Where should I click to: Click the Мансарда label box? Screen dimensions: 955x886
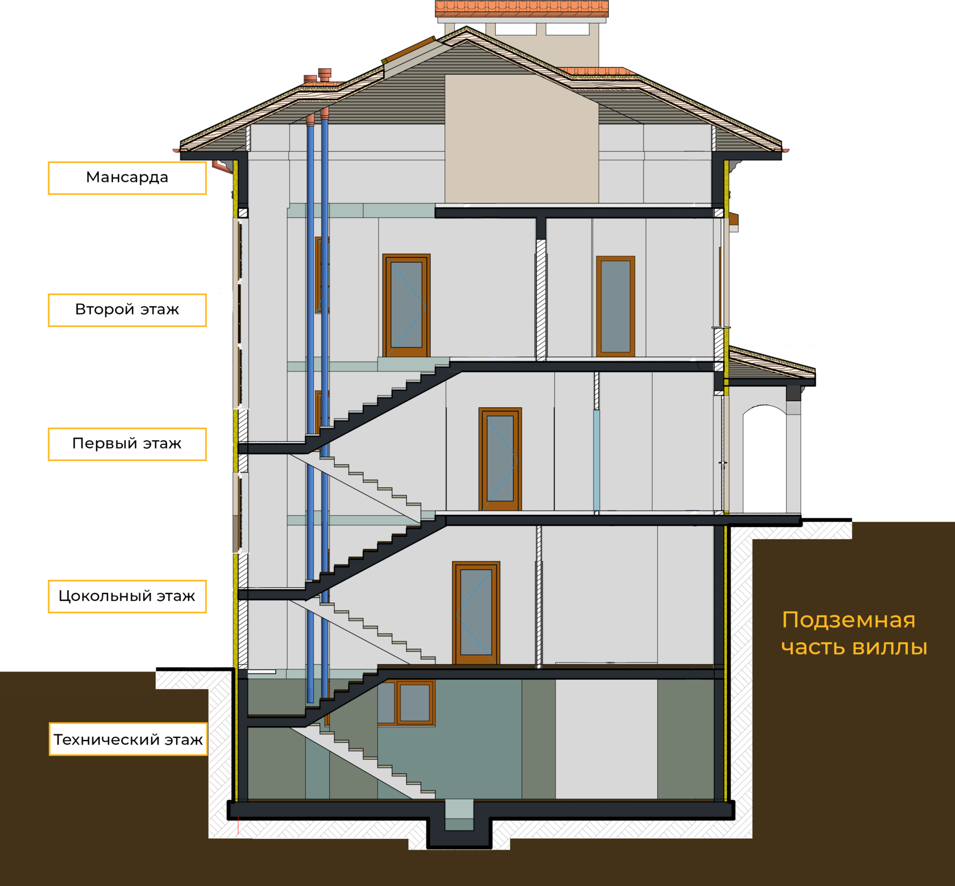coord(127,178)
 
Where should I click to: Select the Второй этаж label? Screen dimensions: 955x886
coord(127,310)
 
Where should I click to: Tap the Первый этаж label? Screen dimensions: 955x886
coord(127,444)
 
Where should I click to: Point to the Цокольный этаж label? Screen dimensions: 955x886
coord(127,596)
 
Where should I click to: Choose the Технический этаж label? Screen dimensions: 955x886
coord(128,739)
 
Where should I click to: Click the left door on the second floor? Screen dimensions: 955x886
coord(406,306)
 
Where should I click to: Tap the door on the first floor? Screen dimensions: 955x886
coord(500,459)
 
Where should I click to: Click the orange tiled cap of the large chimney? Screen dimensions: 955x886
coord(522,8)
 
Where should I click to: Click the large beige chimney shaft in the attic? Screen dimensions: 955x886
coord(521,139)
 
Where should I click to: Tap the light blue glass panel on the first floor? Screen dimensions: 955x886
coord(596,460)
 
